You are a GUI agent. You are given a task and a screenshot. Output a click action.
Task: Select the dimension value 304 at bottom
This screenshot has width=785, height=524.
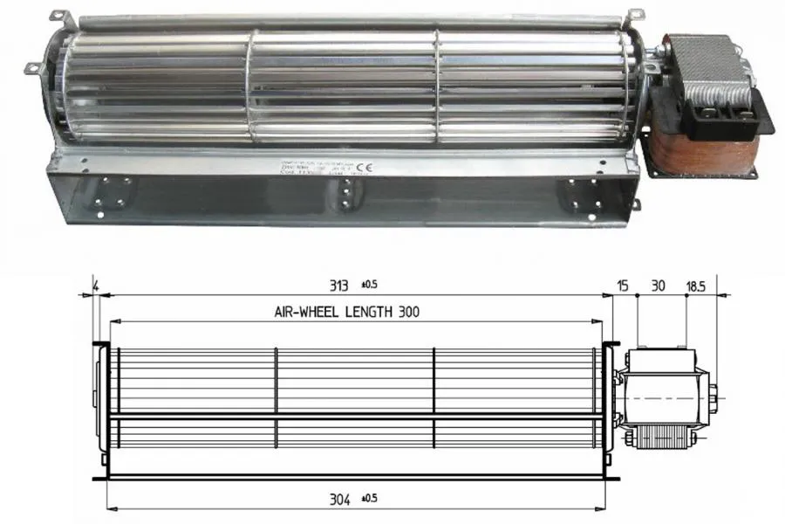tap(340, 500)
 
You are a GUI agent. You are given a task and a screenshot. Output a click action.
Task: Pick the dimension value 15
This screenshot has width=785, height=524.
tap(622, 286)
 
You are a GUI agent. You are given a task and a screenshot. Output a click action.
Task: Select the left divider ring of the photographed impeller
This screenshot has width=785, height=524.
tap(252, 87)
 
